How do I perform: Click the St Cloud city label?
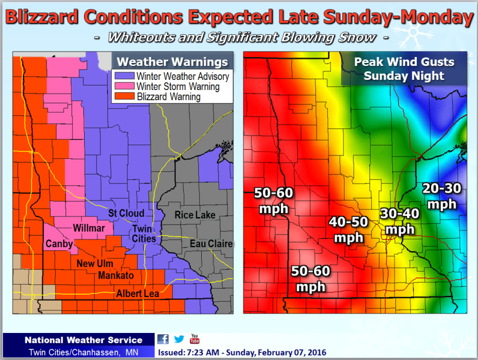pyautogui.click(x=126, y=214)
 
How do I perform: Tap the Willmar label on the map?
pyautogui.click(x=88, y=228)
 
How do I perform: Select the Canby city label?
pyautogui.click(x=59, y=244)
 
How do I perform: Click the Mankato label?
pyautogui.click(x=116, y=276)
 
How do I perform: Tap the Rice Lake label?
pyautogui.click(x=195, y=215)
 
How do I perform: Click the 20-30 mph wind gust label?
pyautogui.click(x=441, y=196)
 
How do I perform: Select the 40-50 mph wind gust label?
pyautogui.click(x=348, y=229)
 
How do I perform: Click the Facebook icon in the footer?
pyautogui.click(x=163, y=339)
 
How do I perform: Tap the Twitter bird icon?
pyautogui.click(x=179, y=339)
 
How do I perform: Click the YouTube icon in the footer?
pyautogui.click(x=195, y=338)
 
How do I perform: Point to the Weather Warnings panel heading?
pyautogui.click(x=172, y=62)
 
